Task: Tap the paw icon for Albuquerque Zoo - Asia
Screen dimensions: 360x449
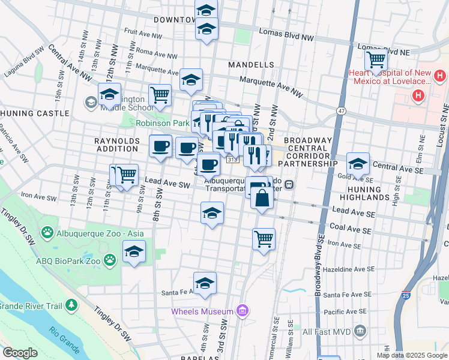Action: click(x=47, y=232)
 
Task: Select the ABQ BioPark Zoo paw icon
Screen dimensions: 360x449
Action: click(x=109, y=259)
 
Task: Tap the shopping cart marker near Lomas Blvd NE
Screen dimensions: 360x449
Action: click(x=376, y=60)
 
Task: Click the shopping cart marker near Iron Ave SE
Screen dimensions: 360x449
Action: click(x=264, y=239)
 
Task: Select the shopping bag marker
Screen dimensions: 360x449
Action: click(x=262, y=197)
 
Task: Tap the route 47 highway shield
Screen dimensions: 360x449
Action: click(x=341, y=111)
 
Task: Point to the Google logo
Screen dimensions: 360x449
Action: click(x=20, y=353)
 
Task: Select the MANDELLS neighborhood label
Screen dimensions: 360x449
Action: click(x=251, y=65)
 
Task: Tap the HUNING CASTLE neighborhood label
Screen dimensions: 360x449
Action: click(x=35, y=113)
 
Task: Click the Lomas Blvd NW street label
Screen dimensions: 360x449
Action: click(x=286, y=35)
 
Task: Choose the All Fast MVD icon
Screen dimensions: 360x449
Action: click(x=360, y=331)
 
